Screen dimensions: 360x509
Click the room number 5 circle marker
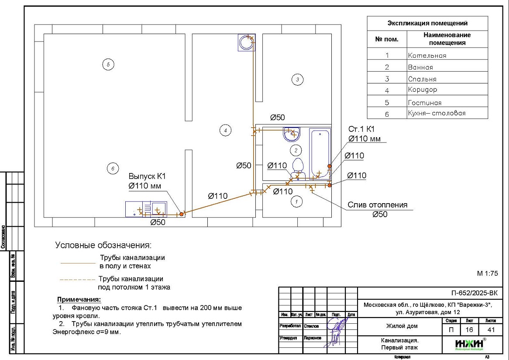click(108, 65)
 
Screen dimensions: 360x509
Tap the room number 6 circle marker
click(112, 168)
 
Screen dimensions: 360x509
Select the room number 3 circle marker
click(297, 79)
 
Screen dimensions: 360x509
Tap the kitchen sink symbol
click(156, 209)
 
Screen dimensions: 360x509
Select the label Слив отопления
click(377, 205)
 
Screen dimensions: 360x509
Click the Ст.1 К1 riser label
click(361, 129)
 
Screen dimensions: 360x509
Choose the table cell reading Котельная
click(427, 55)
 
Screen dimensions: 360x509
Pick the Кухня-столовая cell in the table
click(437, 113)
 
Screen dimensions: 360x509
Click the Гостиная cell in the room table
click(425, 103)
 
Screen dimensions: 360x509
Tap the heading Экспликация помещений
click(427, 23)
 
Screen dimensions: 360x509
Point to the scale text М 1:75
click(487, 273)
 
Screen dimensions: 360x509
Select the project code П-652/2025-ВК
click(474, 293)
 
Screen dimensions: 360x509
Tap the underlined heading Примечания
click(79, 300)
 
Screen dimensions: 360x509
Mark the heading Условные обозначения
click(103, 245)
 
